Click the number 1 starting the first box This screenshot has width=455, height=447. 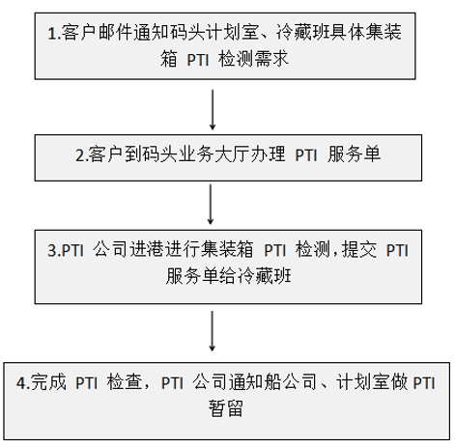coord(51,34)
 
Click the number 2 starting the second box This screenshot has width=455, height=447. coord(79,155)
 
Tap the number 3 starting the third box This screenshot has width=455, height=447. coord(51,251)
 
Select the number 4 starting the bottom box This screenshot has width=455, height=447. coord(20,383)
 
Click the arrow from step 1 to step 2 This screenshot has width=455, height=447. coord(213,109)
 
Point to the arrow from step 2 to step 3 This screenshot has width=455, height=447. coord(211,204)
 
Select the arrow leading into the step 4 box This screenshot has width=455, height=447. coord(212,330)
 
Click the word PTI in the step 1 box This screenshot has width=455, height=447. coord(198,60)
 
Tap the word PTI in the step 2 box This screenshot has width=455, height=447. coord(306,155)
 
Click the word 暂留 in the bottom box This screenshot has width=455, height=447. coord(225,408)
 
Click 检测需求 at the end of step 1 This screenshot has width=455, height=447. coord(253,60)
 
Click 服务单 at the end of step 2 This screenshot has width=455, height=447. coord(355,154)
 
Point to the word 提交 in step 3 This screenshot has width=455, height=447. coord(359,249)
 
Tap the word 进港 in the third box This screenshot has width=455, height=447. coord(147,249)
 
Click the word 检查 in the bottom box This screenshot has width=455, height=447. coord(125,382)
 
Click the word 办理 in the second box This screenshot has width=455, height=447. coord(268,154)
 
